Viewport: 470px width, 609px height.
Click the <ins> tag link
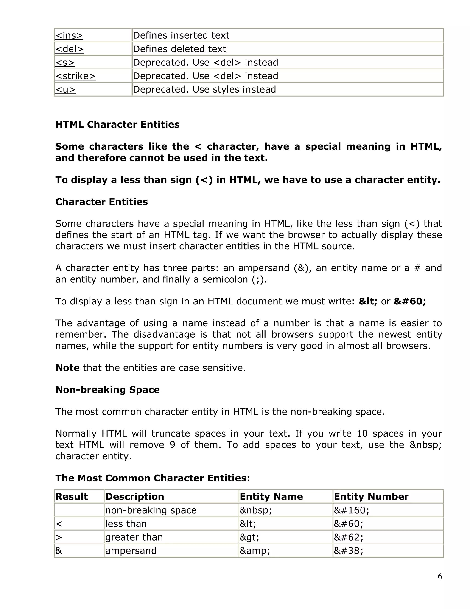69,35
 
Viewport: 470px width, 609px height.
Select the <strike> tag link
76,76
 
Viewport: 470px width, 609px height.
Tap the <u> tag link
65,89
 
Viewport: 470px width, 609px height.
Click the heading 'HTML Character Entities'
117,124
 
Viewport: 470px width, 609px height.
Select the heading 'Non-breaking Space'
107,390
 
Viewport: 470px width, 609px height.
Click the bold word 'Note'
67,368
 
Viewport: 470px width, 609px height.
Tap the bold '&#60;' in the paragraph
410,302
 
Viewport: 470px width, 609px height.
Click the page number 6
440,576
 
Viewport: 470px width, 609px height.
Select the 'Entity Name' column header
271,497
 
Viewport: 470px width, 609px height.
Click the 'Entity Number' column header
371,497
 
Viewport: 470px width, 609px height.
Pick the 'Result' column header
72,497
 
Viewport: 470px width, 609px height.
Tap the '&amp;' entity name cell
255,551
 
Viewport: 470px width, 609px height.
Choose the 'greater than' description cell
134,537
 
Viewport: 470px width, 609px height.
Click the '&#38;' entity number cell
348,551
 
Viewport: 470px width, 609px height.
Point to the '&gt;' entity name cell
249,537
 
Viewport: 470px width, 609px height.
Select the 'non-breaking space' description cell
151,510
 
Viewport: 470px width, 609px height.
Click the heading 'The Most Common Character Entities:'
153,478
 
